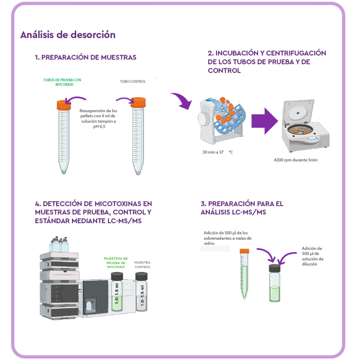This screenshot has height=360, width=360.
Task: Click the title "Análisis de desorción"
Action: click(67, 35)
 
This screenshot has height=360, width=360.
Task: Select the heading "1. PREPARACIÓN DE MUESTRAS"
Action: click(85, 57)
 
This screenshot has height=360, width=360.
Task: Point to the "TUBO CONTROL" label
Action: click(133, 81)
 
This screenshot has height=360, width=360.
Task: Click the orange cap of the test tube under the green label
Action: click(63, 105)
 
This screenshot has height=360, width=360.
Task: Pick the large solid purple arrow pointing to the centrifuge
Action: click(267, 121)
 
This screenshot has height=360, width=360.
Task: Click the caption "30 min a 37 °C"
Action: click(218, 153)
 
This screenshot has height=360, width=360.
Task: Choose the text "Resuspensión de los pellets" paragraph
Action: click(98, 118)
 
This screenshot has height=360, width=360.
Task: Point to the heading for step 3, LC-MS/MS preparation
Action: click(242, 208)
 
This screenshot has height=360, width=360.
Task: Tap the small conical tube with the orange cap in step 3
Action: click(244, 274)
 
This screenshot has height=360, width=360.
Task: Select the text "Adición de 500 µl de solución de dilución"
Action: click(313, 256)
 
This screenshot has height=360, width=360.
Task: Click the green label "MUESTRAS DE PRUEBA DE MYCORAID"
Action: click(116, 263)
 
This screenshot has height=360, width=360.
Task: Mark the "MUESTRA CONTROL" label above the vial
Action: click(142, 264)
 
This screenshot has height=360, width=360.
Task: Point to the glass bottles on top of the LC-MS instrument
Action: click(58, 245)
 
